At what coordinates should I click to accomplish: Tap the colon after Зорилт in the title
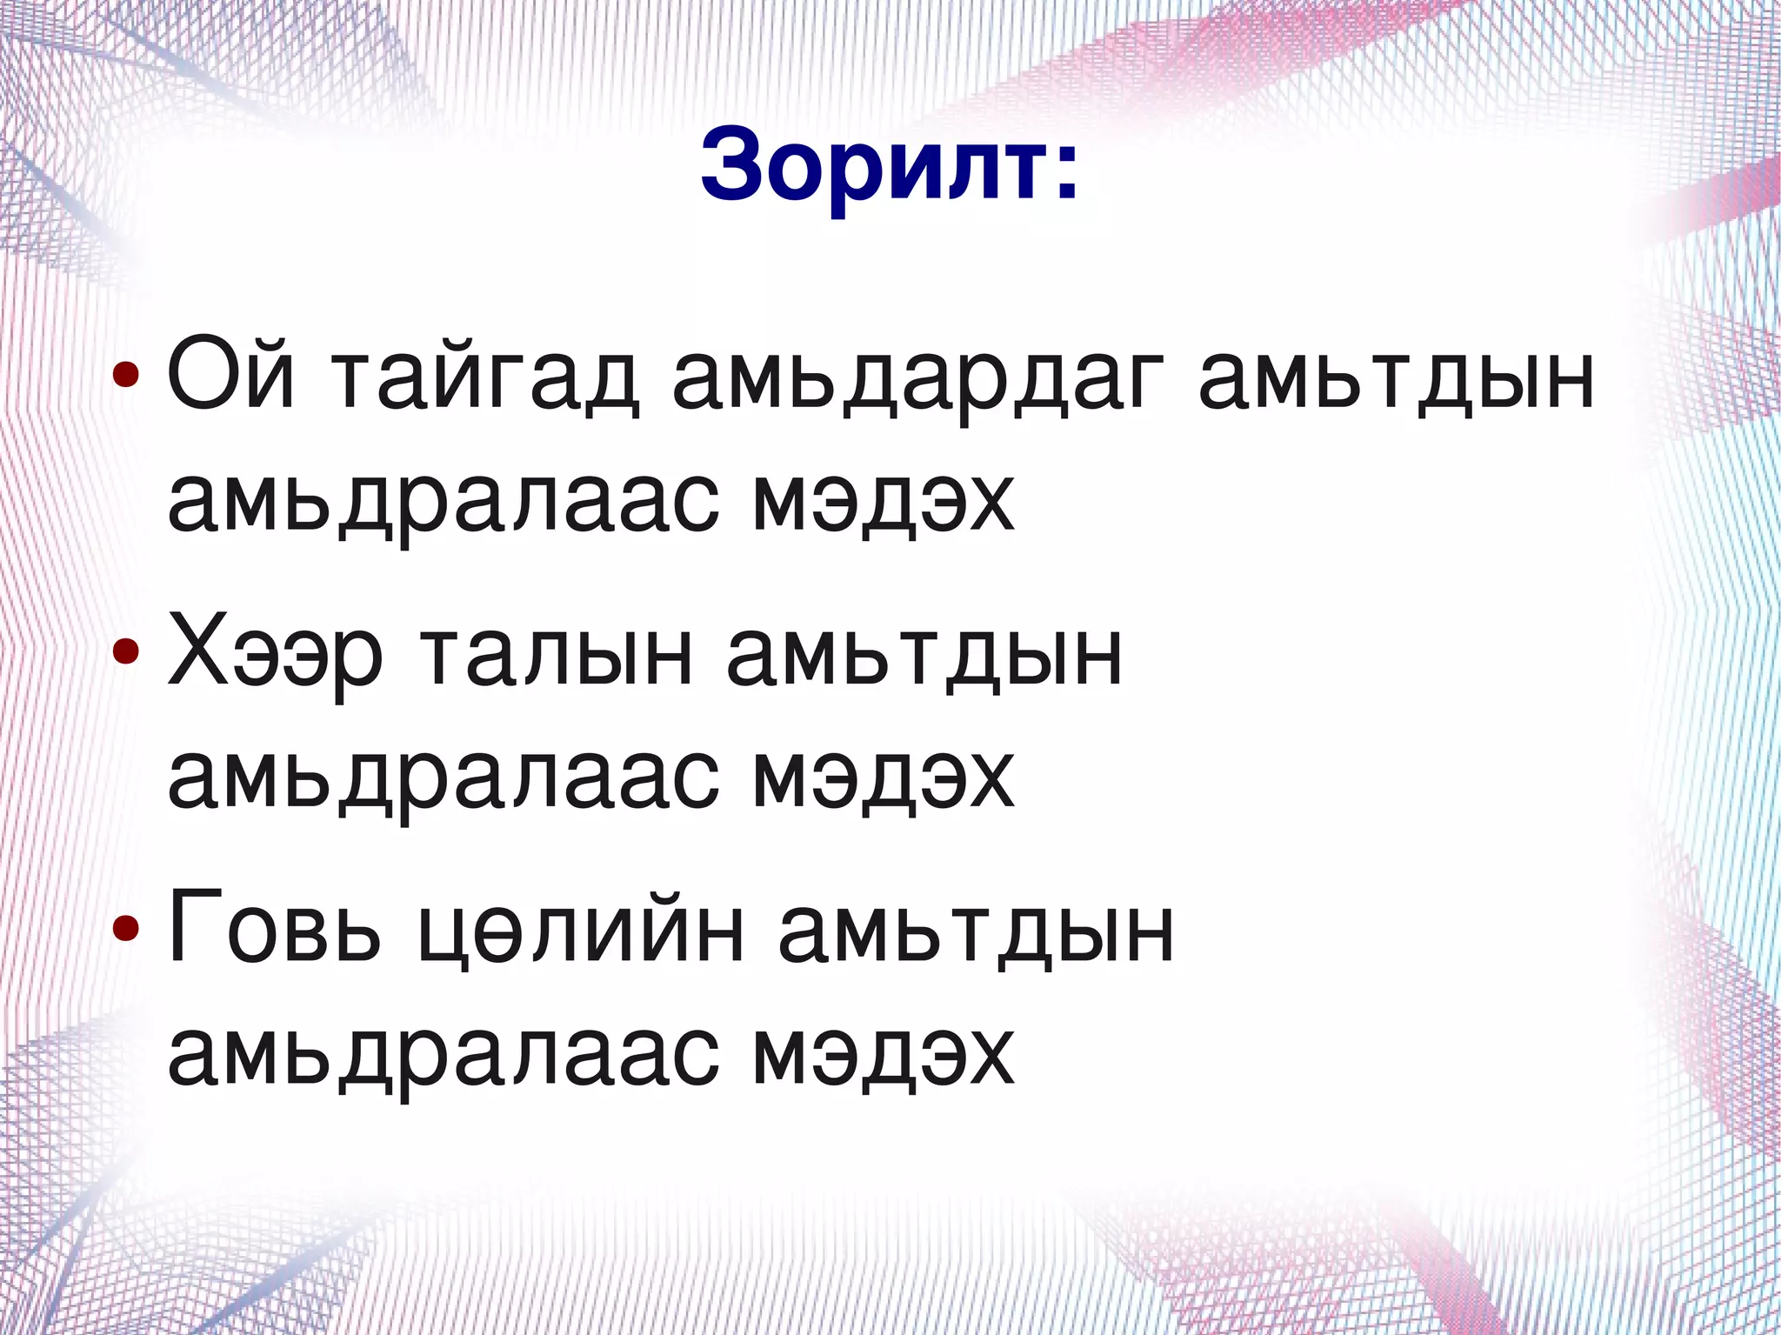[1066, 170]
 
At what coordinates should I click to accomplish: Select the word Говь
[275, 929]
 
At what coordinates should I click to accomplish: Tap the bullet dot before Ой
[125, 376]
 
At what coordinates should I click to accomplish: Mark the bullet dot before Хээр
[125, 651]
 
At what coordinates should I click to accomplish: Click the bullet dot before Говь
[125, 928]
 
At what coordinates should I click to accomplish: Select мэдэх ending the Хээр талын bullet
[884, 779]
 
